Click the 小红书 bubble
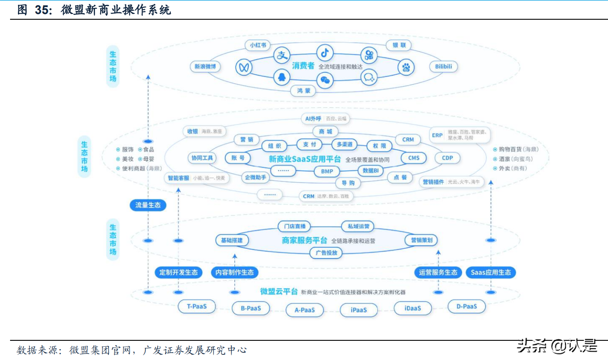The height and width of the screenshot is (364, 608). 258,45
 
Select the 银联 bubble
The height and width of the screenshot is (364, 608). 399,45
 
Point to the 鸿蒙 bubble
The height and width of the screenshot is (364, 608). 303,91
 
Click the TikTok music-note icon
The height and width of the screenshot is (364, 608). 325,53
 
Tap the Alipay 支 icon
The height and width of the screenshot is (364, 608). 282,55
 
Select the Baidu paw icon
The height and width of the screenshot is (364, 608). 405,67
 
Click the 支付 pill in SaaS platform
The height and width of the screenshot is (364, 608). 309,144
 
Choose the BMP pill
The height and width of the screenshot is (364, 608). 327,171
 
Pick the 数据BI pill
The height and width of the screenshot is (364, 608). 371,170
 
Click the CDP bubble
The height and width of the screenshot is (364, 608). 447,158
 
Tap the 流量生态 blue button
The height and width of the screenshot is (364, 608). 148,205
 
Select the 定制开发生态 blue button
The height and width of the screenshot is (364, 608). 179,272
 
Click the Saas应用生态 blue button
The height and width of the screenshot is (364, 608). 490,272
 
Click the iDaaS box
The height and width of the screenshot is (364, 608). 412,308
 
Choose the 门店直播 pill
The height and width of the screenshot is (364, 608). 294,226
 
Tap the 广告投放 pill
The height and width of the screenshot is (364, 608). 326,252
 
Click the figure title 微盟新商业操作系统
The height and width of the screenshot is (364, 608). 116,10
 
